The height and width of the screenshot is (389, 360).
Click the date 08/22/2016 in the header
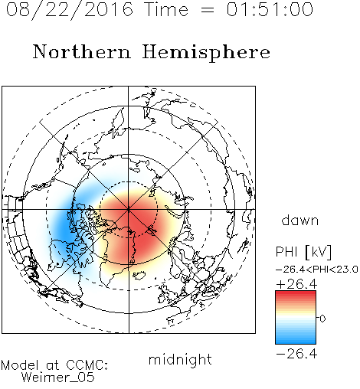coord(70,10)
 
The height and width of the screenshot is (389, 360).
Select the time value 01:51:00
coord(270,9)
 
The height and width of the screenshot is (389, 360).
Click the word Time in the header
coord(166,9)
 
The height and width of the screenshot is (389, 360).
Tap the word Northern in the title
coord(82,52)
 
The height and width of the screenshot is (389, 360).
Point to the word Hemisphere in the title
coord(206,53)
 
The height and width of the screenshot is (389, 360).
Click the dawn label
coord(300,220)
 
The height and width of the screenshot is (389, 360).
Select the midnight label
coord(180,359)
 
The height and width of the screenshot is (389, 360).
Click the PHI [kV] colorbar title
coord(304,252)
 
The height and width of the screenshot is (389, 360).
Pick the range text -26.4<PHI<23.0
coord(317,270)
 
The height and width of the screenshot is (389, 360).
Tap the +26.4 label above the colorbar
coord(296,284)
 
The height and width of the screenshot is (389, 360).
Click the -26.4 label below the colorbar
coord(296,354)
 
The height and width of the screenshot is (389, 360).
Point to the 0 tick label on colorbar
coord(322,319)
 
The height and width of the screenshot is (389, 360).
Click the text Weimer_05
coord(58,378)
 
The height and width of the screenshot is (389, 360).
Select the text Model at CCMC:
coord(54,365)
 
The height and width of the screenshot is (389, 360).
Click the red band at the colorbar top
coord(296,294)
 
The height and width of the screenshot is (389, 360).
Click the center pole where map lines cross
coord(129,210)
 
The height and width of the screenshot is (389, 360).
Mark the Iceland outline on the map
coord(139,276)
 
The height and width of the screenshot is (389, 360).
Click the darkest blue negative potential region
coord(64,227)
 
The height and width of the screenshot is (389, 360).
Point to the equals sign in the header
coord(208,10)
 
